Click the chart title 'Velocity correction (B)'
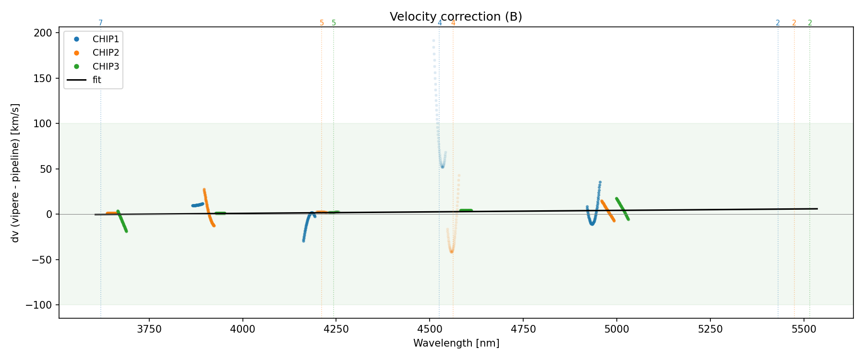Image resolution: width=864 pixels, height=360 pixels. [x=456, y=17]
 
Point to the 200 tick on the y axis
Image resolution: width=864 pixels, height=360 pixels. [x=45, y=33]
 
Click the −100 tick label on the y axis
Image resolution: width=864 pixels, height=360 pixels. [x=42, y=305]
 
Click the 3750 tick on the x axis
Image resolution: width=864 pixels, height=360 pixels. [x=149, y=329]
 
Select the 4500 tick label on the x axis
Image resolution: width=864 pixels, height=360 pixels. [x=430, y=329]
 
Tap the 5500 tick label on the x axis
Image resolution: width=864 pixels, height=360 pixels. [x=804, y=329]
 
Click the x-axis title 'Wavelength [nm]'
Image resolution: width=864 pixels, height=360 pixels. [x=456, y=343]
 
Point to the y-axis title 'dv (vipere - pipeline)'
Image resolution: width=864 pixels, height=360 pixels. [x=15, y=172]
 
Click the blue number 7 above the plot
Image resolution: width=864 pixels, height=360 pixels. [x=100, y=23]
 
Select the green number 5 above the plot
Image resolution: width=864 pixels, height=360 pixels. [x=334, y=23]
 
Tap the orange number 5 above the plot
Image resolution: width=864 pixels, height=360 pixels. [x=322, y=23]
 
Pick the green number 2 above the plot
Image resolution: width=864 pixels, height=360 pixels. [x=810, y=23]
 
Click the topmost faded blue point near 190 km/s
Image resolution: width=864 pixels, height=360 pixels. [x=433, y=40]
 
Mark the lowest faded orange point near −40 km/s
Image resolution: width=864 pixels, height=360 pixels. [x=452, y=252]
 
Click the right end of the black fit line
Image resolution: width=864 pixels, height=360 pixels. [x=817, y=209]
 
